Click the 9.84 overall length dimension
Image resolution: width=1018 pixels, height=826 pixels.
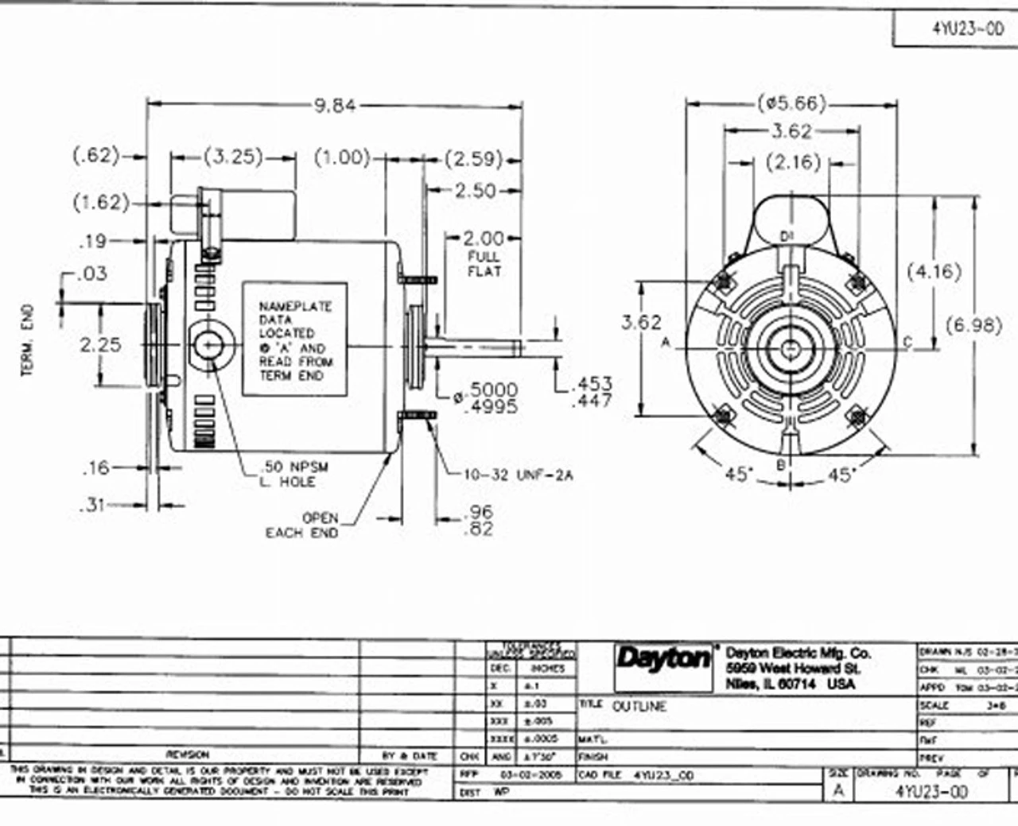coord(335,105)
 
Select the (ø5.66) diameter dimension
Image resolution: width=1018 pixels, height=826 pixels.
coord(791,103)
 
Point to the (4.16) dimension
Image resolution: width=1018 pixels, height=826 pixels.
coord(934,271)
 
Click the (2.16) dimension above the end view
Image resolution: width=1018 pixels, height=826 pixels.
coord(793,162)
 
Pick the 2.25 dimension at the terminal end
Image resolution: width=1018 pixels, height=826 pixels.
coord(101,345)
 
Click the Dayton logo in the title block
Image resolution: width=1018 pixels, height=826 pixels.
coord(664,658)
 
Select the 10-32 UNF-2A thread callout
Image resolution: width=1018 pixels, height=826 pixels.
coord(519,475)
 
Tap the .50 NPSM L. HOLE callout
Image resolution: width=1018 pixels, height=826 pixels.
coord(294,475)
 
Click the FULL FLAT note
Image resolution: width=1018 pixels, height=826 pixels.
coord(484,264)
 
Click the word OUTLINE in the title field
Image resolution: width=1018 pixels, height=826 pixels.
coord(639,706)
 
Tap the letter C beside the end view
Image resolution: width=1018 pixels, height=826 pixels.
coord(907,343)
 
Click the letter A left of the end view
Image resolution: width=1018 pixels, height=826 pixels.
coord(666,343)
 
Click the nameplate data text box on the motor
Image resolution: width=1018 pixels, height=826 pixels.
coord(295,339)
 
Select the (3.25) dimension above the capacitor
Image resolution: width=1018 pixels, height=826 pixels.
coord(234,157)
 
